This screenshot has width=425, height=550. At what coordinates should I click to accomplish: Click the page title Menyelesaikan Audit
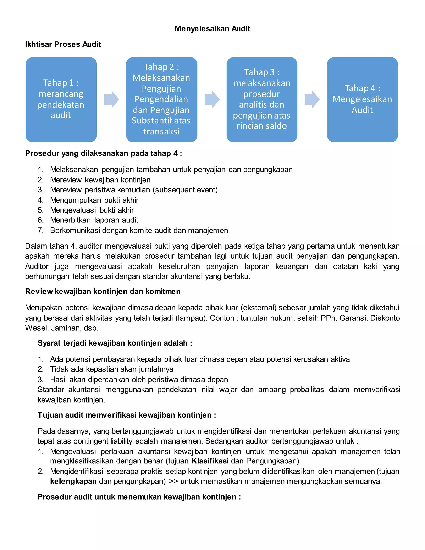212,29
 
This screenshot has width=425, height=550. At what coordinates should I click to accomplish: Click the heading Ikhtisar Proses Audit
63,44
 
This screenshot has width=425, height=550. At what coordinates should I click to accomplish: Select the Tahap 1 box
61,99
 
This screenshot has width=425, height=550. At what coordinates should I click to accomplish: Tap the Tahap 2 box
161,99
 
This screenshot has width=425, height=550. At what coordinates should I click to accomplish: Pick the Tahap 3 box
262,99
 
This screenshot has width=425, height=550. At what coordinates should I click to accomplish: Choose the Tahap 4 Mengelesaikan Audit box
362,99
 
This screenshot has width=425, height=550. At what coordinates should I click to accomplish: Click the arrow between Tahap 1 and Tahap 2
111,99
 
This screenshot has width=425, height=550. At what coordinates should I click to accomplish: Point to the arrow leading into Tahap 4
312,99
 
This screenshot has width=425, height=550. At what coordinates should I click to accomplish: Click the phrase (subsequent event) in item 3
186,190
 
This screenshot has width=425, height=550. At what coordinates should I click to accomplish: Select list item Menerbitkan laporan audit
94,220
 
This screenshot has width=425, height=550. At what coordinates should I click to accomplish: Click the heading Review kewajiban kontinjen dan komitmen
103,291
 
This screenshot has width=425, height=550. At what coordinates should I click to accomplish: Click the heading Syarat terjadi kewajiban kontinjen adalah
115,343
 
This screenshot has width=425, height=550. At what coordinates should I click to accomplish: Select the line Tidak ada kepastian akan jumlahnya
111,369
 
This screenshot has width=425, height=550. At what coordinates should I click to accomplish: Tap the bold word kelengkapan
73,481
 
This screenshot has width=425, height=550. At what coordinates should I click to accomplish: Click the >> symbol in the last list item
173,481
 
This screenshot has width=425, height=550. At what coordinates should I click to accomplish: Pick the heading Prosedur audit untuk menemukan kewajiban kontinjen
139,497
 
